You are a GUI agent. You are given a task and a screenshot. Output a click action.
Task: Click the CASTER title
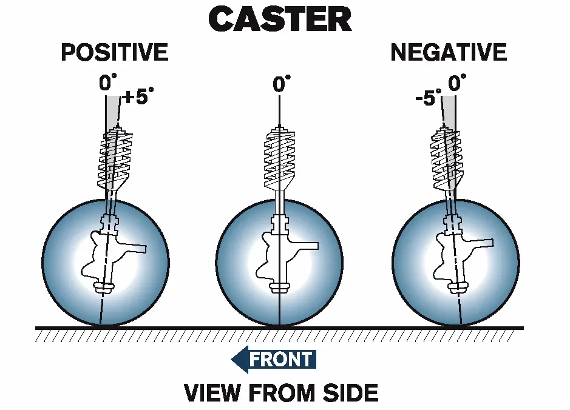coord(280,19)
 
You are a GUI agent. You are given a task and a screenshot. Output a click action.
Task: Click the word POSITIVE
coord(115,52)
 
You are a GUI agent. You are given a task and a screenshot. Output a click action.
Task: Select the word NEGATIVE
coord(449,52)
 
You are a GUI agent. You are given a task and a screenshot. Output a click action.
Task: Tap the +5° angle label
coord(138,96)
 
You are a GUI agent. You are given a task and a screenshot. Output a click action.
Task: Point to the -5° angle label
coord(428,97)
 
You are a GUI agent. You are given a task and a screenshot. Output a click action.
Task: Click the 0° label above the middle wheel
coord(282,84)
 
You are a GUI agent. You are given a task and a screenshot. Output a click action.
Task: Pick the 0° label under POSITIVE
coord(108,82)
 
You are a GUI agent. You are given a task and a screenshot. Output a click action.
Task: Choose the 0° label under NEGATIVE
coord(457,82)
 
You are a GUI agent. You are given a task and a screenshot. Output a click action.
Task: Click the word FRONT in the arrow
coord(280,359)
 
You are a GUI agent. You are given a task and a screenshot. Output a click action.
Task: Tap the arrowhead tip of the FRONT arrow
coord(231,360)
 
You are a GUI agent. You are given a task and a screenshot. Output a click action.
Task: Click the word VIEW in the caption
coord(212,392)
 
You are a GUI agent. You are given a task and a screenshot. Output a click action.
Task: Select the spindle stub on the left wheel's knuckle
coord(132,247)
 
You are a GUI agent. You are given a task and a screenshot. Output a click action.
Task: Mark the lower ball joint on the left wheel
coord(104,287)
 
